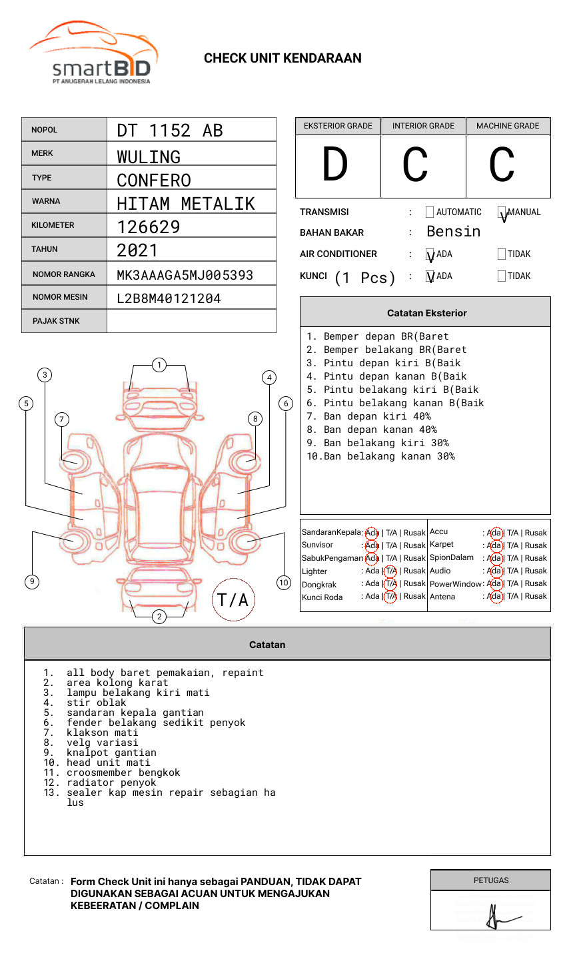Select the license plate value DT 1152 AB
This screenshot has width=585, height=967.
coord(170,131)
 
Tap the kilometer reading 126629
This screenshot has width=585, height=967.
coord(149,227)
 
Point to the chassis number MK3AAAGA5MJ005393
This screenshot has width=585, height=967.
coord(185,275)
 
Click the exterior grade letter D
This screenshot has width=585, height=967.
coord(335,165)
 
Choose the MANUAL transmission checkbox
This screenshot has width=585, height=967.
coord(502,212)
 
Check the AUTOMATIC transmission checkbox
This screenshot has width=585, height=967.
coord(430,212)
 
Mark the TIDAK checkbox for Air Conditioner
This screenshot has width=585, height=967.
coord(502,254)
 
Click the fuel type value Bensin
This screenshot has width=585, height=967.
coord(453,232)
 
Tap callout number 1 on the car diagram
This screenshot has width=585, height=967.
coord(159,364)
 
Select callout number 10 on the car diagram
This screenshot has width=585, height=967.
coord(284,582)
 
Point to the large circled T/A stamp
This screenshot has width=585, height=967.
coord(233,599)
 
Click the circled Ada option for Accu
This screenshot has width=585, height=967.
coord(494,533)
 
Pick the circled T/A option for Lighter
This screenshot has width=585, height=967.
coord(391,571)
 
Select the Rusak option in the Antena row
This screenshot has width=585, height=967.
coord(536,596)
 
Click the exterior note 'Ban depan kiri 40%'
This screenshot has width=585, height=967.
coord(377,416)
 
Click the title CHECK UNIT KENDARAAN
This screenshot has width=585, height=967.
coord(283,59)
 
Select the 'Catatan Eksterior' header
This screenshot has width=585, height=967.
coord(426,313)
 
